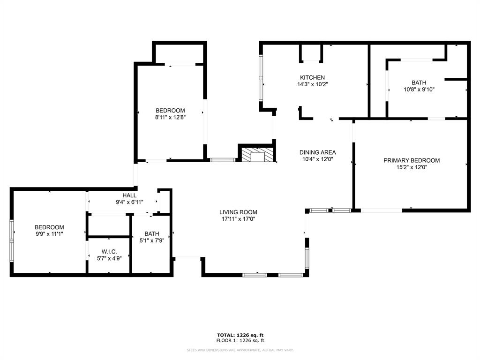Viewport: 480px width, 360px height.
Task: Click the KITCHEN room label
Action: click(312, 78)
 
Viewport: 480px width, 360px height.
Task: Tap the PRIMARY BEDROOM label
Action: click(412, 160)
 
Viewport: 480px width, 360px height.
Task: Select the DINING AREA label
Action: click(318, 152)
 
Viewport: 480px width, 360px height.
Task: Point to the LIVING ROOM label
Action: click(239, 212)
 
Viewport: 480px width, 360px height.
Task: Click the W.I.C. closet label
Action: click(109, 252)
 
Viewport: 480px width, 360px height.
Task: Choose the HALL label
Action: click(129, 195)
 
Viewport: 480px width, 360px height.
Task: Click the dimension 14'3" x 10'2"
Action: click(312, 85)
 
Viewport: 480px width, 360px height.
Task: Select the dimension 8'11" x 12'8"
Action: click(170, 118)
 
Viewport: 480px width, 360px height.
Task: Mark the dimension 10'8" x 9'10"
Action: click(419, 90)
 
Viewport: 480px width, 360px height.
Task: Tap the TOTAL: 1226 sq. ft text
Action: click(240, 335)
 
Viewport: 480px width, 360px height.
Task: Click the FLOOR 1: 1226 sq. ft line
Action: click(240, 340)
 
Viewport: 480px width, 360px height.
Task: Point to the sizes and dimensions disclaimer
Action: click(240, 350)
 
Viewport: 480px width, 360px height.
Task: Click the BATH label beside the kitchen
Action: click(419, 82)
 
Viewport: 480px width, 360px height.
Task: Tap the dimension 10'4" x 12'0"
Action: click(318, 159)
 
